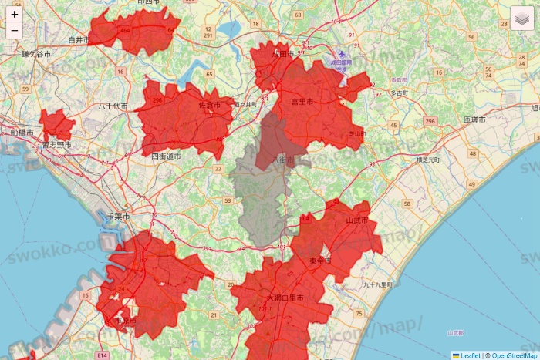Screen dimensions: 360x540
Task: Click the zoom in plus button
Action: tap(15, 14)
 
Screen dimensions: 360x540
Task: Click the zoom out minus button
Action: tap(15, 31)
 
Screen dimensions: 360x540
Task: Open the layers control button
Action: tap(521, 18)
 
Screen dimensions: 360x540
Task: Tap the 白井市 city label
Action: tap(79, 39)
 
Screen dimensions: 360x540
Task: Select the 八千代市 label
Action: tap(113, 106)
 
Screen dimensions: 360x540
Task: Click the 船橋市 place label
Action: tap(22, 133)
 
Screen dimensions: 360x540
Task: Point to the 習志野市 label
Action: tap(56, 144)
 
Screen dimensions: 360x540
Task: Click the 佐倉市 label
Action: tap(209, 105)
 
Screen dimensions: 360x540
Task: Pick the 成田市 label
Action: tap(284, 55)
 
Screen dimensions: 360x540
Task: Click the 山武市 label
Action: tap(357, 220)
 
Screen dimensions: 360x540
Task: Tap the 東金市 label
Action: tap(319, 261)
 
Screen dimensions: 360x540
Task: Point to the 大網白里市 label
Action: tap(284, 298)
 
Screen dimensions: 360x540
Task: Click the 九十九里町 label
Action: tap(378, 284)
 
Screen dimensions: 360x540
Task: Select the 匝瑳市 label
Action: tap(474, 120)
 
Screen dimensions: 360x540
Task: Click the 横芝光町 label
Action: tap(427, 159)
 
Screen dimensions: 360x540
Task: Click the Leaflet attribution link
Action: tap(470, 355)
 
